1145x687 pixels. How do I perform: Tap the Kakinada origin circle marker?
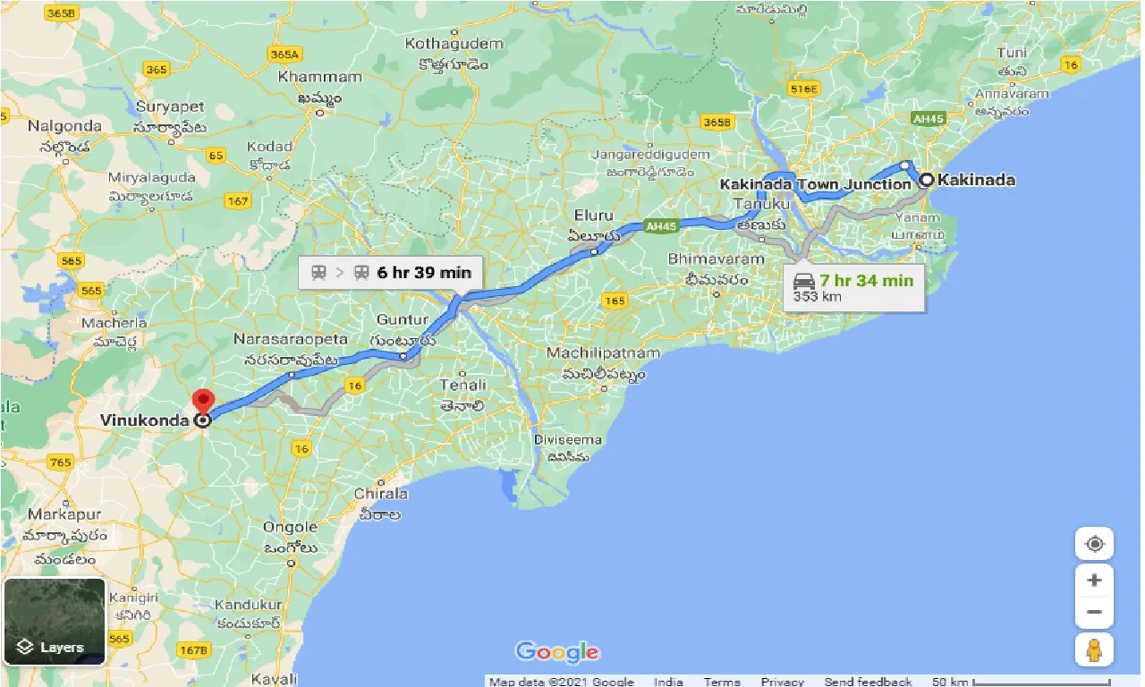coord(927,180)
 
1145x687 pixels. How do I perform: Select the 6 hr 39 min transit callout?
coord(391,273)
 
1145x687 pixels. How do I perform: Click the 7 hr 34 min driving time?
coord(866,280)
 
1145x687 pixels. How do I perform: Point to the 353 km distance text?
coord(817,297)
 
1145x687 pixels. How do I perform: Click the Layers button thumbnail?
coord(55,622)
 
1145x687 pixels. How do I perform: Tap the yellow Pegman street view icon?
coord(1094,649)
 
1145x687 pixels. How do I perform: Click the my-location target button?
coord(1094,544)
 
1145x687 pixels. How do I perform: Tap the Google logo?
coord(557,651)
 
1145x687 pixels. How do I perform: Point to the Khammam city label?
coord(319,77)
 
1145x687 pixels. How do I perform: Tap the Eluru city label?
coord(594,216)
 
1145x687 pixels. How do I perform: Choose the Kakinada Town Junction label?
coord(816,185)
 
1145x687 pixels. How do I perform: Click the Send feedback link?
coord(868,682)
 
